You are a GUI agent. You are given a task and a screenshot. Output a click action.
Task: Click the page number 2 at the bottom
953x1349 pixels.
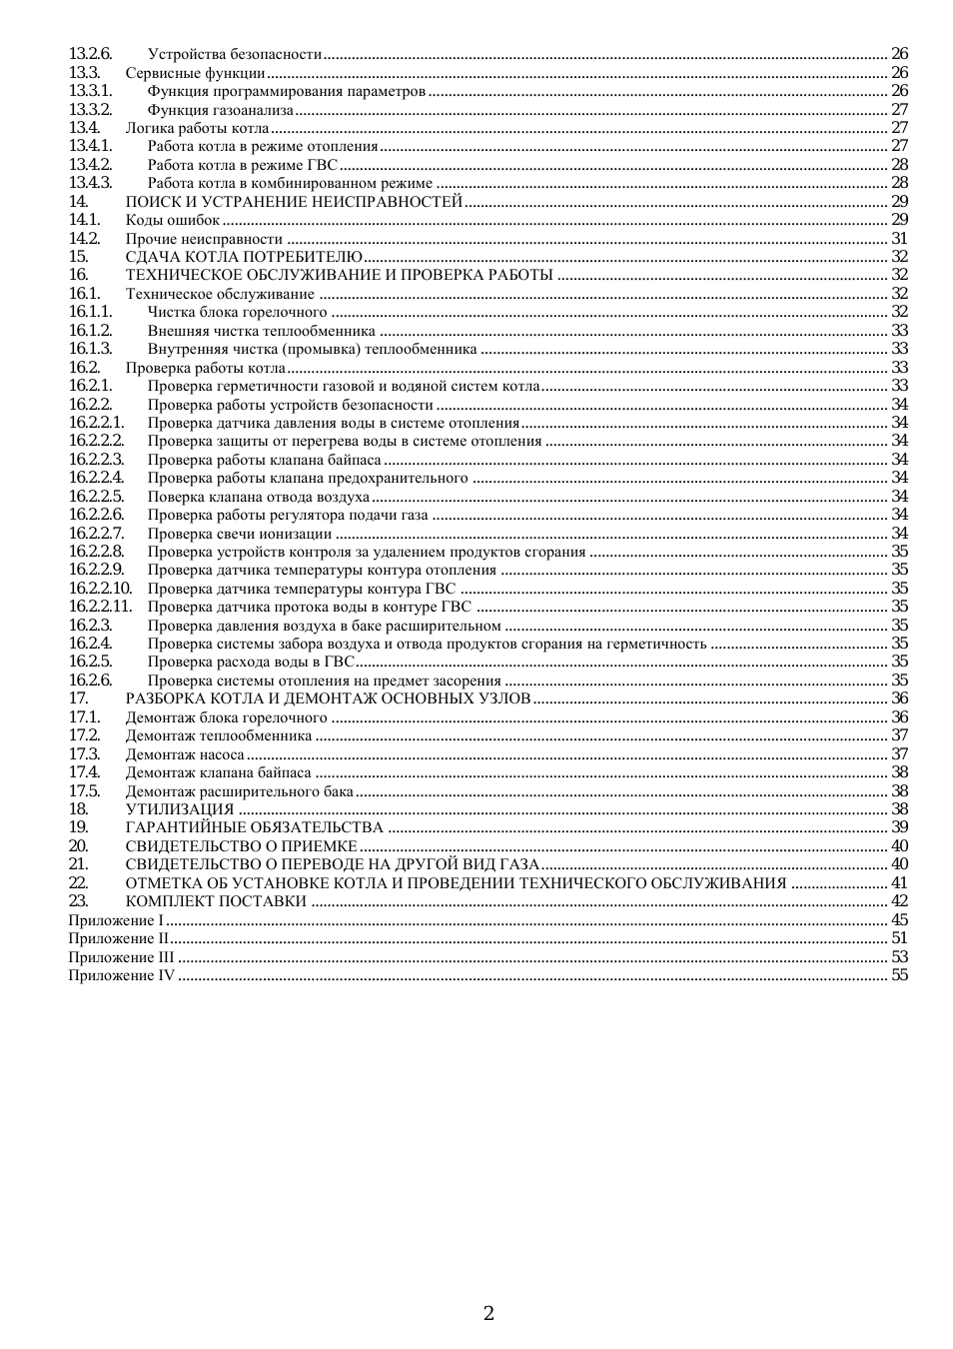[x=488, y=1313]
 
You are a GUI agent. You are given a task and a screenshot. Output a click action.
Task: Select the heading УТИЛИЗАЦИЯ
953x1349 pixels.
[x=180, y=809]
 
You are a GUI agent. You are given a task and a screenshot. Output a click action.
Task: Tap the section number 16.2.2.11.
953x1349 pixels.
[x=100, y=607]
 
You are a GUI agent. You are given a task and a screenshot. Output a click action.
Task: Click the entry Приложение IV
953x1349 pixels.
[x=121, y=975]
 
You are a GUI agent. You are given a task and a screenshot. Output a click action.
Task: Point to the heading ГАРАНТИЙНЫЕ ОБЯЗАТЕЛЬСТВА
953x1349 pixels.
[x=254, y=827]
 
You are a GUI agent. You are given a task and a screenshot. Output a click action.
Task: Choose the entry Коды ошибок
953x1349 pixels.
[x=172, y=220]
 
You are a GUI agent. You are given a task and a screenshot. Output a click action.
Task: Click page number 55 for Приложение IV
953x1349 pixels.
[x=899, y=975]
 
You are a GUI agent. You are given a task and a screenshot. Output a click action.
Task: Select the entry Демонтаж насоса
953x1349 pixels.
[x=185, y=754]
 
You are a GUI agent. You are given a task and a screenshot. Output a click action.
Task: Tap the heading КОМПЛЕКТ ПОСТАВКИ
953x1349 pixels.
[x=216, y=901]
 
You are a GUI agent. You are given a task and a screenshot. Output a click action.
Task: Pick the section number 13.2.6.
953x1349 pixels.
[x=90, y=54]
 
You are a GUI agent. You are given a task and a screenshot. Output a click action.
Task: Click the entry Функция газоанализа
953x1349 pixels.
[x=221, y=110]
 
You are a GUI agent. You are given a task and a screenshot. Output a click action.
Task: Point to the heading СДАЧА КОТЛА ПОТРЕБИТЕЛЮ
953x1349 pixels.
[x=244, y=257]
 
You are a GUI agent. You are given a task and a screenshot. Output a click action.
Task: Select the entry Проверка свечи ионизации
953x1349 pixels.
[x=240, y=534]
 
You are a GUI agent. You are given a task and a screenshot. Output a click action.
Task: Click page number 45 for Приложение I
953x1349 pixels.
[x=899, y=920]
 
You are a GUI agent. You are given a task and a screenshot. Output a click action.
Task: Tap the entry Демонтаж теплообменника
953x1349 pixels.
[x=219, y=736]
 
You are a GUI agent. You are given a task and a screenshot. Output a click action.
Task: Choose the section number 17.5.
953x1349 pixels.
[x=84, y=791]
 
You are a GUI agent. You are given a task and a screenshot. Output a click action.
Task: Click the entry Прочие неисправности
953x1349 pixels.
[x=204, y=239]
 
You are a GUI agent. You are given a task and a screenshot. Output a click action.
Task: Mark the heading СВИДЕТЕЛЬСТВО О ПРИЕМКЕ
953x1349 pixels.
[x=241, y=846]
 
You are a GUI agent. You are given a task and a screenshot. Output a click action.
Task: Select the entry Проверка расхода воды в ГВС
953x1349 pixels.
[x=251, y=662]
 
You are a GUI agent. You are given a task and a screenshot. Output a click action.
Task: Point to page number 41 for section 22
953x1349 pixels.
[x=899, y=883]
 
